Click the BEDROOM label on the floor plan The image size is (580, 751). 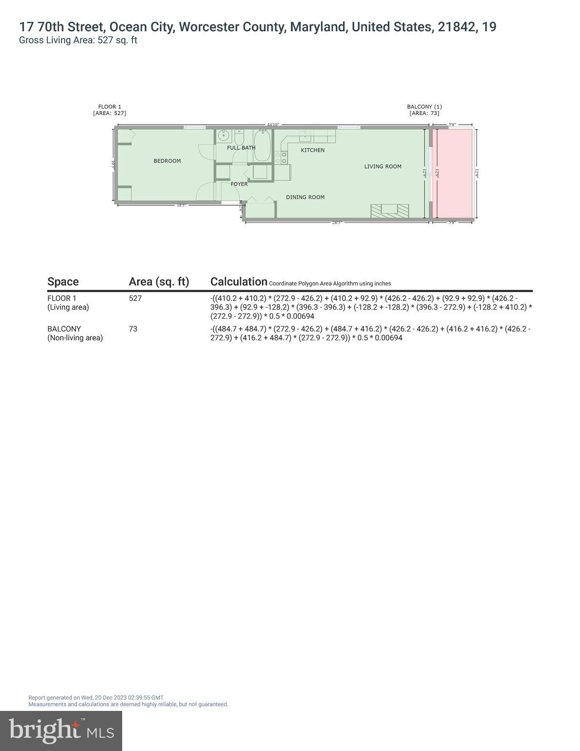pyautogui.click(x=167, y=161)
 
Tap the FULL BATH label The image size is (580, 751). pyautogui.click(x=241, y=148)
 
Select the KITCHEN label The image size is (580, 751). pyautogui.click(x=312, y=150)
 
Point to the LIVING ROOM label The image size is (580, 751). pyautogui.click(x=383, y=166)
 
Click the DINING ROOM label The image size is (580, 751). pyautogui.click(x=305, y=197)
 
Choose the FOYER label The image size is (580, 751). pyautogui.click(x=239, y=184)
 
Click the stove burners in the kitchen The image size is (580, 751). pyautogui.click(x=281, y=157)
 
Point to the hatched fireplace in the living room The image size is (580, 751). pyautogui.click(x=389, y=211)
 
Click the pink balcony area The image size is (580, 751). pyautogui.click(x=454, y=174)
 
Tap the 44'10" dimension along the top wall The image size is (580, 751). pyautogui.click(x=273, y=125)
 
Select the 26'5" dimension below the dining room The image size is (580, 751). pyautogui.click(x=337, y=222)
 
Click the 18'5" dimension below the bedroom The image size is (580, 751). pyautogui.click(x=181, y=205)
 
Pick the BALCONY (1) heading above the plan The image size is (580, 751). pyautogui.click(x=424, y=107)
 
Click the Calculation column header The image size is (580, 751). pyautogui.click(x=238, y=282)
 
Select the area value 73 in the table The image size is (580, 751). pyautogui.click(x=133, y=329)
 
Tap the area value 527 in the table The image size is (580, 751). pyautogui.click(x=135, y=298)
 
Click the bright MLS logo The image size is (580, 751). pyautogui.click(x=61, y=730)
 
